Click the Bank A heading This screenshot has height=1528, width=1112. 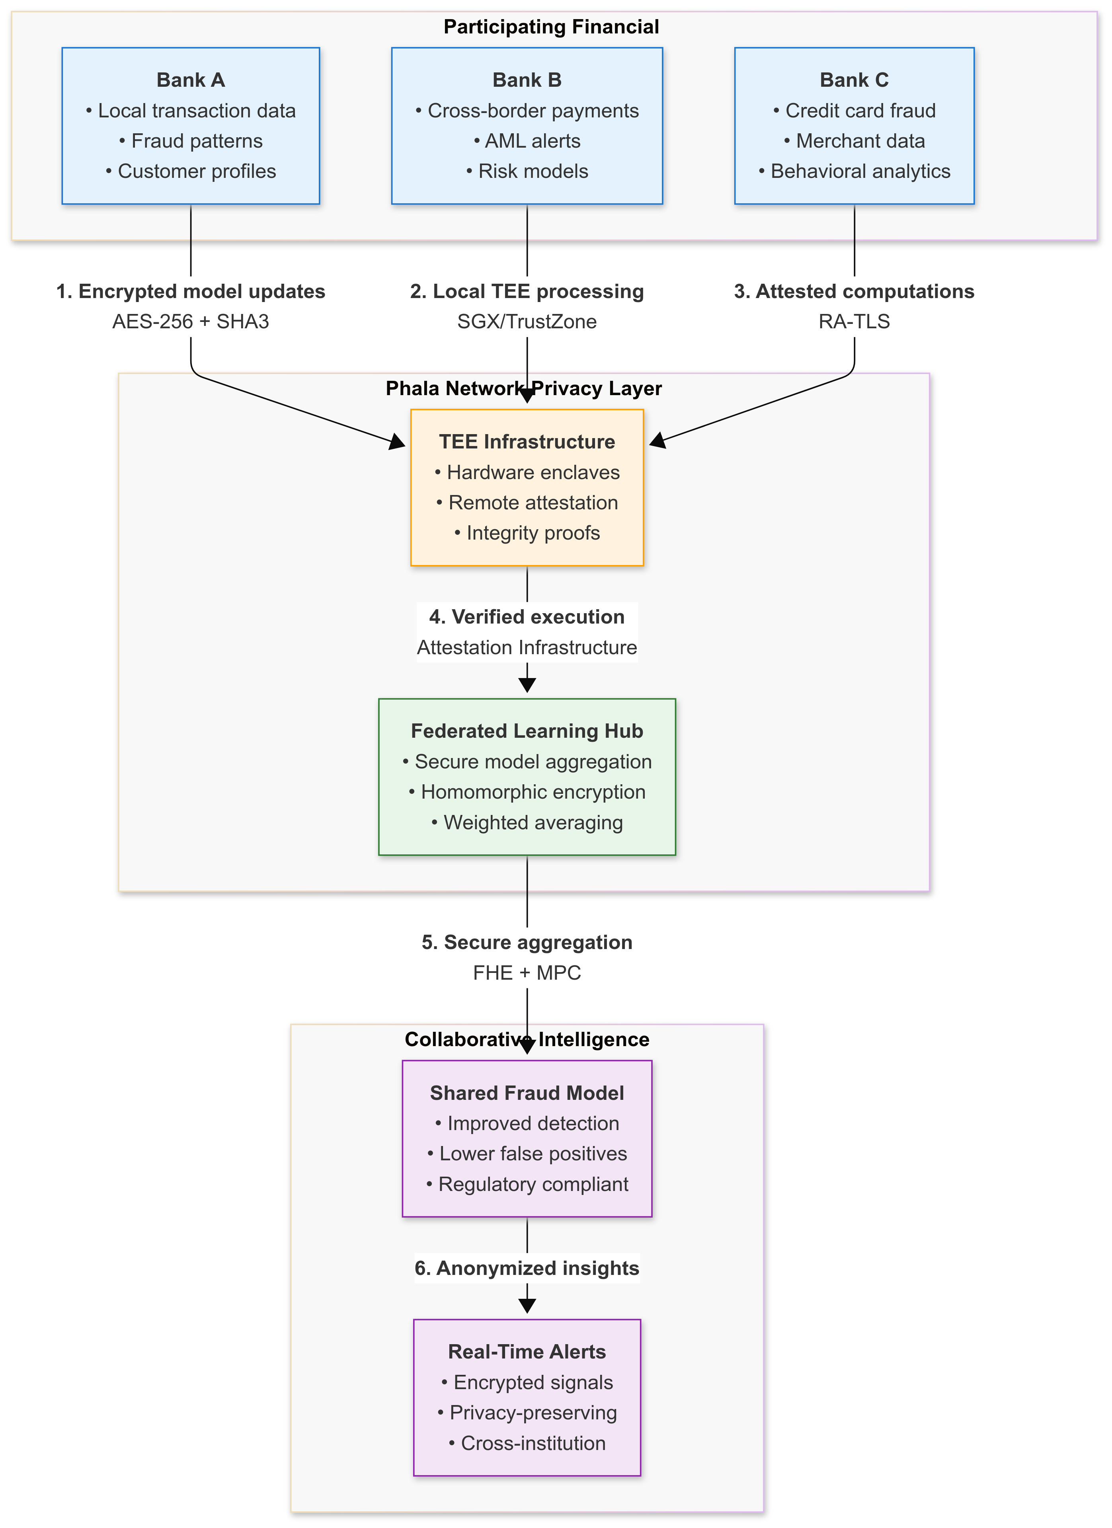point(191,80)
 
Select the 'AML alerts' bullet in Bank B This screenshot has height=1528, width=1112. point(527,141)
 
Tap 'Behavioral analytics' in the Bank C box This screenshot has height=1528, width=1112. point(854,171)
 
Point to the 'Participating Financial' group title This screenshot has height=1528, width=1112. point(551,27)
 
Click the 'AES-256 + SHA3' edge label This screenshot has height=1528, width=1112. point(191,322)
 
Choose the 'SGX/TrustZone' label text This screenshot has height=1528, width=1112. point(527,322)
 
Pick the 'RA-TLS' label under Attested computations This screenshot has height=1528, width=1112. point(854,322)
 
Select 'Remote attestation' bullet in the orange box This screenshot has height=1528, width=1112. point(527,503)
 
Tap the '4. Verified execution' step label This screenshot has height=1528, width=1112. point(527,617)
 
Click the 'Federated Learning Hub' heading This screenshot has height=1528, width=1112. point(527,731)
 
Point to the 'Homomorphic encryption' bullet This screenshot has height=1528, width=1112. point(527,792)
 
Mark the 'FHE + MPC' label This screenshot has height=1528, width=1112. point(527,973)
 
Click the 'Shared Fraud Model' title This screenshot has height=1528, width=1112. point(527,1093)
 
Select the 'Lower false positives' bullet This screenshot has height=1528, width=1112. point(527,1154)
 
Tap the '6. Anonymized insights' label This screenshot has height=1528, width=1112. point(527,1269)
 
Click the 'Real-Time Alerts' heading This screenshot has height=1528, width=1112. point(527,1352)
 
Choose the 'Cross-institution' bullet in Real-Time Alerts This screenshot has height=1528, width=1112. point(527,1443)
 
